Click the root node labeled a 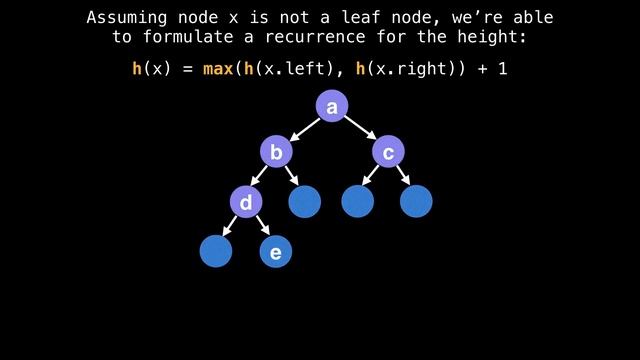[x=331, y=106]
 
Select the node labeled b [x=276, y=152]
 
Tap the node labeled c [x=388, y=152]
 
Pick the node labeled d [x=246, y=202]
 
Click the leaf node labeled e [x=276, y=252]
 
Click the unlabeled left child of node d [x=216, y=251]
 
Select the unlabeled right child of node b [x=305, y=201]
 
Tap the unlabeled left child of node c [x=358, y=201]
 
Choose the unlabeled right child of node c [x=416, y=201]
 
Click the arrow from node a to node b [x=304, y=129]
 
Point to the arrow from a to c [x=359, y=129]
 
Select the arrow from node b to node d [x=260, y=177]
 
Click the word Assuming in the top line [x=125, y=17]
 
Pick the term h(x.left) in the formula [x=291, y=70]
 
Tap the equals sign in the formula [x=187, y=70]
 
